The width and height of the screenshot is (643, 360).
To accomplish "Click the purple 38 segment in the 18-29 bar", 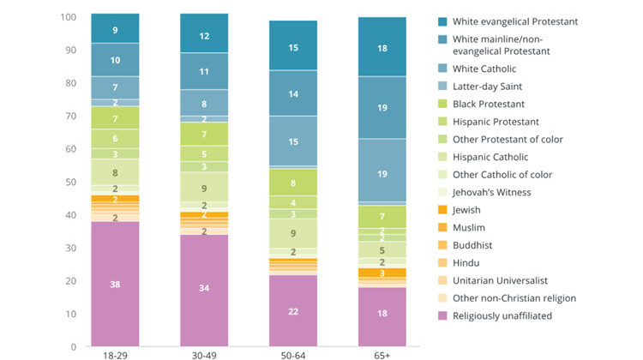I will pyautogui.click(x=115, y=284).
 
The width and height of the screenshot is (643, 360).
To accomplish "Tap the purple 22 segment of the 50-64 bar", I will pyautogui.click(x=293, y=310).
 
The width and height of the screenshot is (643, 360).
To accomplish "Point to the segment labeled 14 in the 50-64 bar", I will pyautogui.click(x=293, y=93).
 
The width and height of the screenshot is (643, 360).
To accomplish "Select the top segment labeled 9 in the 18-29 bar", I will pyautogui.click(x=115, y=29).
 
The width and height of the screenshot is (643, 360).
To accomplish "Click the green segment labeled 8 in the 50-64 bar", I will pyautogui.click(x=293, y=183).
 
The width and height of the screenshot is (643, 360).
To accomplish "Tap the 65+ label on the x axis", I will pyautogui.click(x=382, y=353).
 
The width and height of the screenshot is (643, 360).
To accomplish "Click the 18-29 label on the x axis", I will pyautogui.click(x=115, y=353).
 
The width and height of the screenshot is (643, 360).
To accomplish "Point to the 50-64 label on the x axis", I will pyautogui.click(x=293, y=353).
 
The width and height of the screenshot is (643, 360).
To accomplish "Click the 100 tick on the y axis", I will pyautogui.click(x=69, y=17).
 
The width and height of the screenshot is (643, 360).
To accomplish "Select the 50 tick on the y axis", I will pyautogui.click(x=72, y=183).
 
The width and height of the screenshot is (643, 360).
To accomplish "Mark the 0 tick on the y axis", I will pyautogui.click(x=75, y=347).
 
